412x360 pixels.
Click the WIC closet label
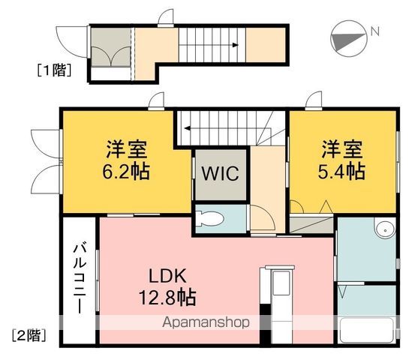pyautogui.click(x=220, y=173)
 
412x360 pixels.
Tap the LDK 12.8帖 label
pyautogui.click(x=167, y=286)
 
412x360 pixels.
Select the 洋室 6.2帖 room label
pyautogui.click(x=126, y=160)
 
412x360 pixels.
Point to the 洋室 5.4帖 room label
pyautogui.click(x=341, y=160)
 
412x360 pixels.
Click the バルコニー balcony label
pyautogui.click(x=80, y=279)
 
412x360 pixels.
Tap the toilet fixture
pyautogui.click(x=209, y=219)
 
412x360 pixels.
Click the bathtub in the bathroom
pyautogui.click(x=366, y=330)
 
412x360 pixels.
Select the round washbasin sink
pyautogui.click(x=385, y=230)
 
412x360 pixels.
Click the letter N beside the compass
pyautogui.click(x=375, y=31)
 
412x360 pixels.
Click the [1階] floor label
pyautogui.click(x=54, y=70)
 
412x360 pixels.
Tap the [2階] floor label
pyautogui.click(x=29, y=335)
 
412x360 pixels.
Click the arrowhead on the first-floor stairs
pyautogui.click(x=235, y=45)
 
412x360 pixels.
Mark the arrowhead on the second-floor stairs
pyautogui.click(x=188, y=128)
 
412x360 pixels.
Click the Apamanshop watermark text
pyautogui.click(x=206, y=322)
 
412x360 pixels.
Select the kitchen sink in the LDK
pyautogui.click(x=281, y=283)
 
